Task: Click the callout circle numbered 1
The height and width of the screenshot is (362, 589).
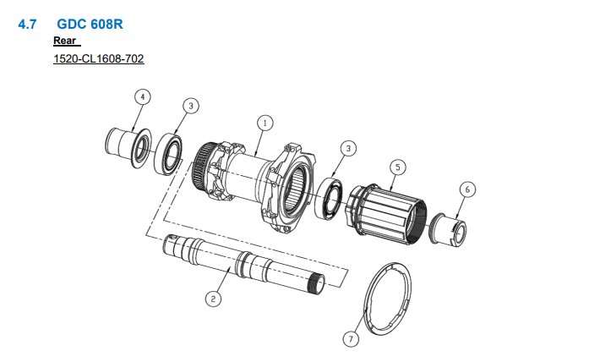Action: pos(265,123)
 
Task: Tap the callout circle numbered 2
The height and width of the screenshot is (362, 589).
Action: pos(213,299)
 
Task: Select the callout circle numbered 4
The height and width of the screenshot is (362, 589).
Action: pos(142,97)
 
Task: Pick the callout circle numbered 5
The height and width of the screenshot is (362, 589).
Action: pos(398,167)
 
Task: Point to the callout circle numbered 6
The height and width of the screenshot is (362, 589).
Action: pos(467,189)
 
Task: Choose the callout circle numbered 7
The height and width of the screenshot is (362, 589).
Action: pos(351,339)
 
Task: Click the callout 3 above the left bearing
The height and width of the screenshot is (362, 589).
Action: pos(191,106)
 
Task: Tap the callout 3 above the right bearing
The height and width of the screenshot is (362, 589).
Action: pos(348,148)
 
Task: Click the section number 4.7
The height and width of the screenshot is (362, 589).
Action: pos(27,25)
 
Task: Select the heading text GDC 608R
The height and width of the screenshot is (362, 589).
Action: pos(90,24)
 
